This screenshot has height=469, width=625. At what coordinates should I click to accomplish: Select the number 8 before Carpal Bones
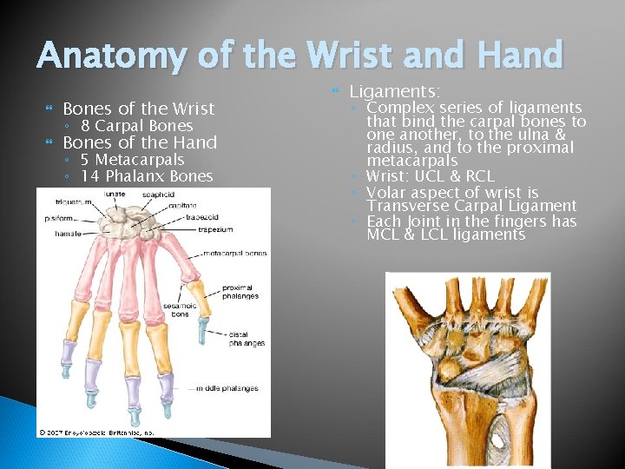tap(85, 126)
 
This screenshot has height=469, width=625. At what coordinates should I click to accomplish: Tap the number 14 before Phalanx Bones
tap(89, 176)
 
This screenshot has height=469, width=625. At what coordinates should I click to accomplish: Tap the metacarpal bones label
tap(235, 254)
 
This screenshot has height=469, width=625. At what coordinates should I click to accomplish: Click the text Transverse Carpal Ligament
tap(471, 206)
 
